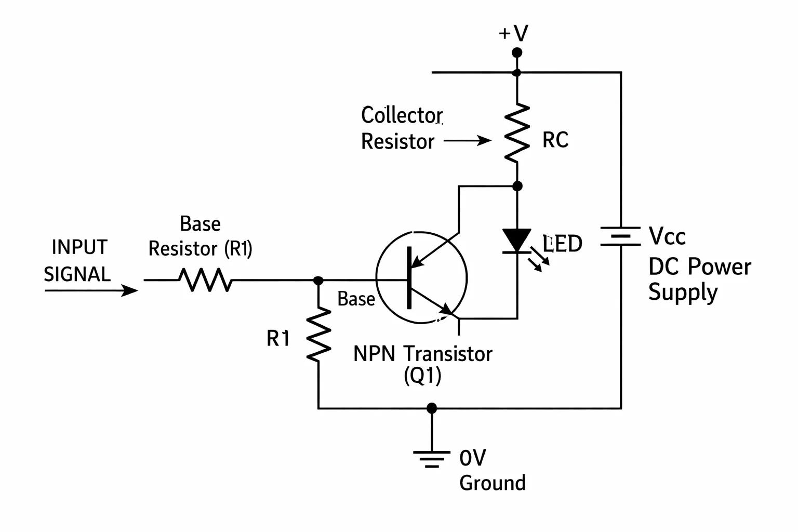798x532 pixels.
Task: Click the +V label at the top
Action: tap(513, 33)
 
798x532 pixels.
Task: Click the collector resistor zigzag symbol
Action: tap(517, 133)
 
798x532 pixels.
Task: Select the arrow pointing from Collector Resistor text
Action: tap(467, 140)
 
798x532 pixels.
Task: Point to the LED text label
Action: tap(562, 244)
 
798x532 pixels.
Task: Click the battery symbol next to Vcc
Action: tap(621, 236)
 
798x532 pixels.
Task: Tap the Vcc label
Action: tap(667, 236)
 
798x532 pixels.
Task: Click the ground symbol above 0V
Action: tap(432, 459)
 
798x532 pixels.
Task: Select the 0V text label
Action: tap(472, 458)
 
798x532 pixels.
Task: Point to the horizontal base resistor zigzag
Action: tap(206, 280)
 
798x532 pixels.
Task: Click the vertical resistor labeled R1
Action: tap(318, 334)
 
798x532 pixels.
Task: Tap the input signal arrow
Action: tap(91, 290)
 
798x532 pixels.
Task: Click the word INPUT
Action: tap(79, 247)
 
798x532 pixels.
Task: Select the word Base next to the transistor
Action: tap(356, 299)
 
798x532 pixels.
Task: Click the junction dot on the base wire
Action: tap(318, 281)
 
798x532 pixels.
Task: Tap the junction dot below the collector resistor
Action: tap(517, 186)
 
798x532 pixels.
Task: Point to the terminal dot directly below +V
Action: tap(517, 53)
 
